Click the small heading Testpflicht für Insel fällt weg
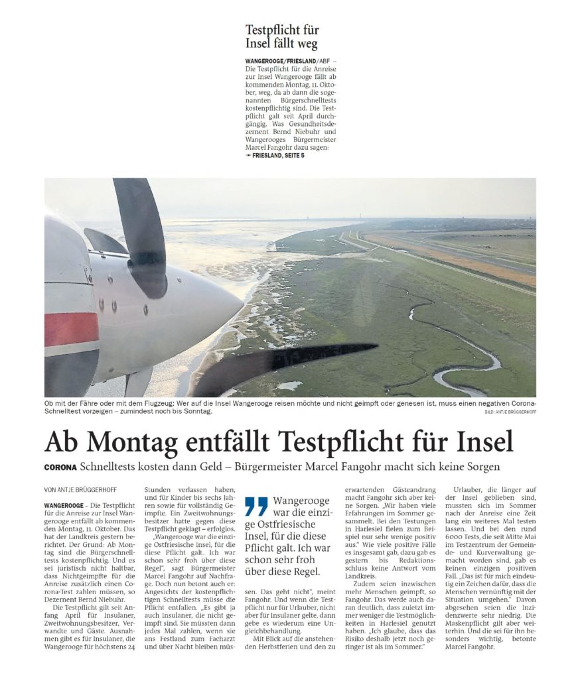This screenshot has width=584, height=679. pyautogui.click(x=282, y=38)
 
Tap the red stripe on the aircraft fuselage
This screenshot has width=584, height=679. pyautogui.click(x=71, y=330)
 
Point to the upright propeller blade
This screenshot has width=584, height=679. pyautogui.click(x=141, y=232)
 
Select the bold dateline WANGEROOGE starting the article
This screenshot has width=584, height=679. pyautogui.click(x=64, y=506)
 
